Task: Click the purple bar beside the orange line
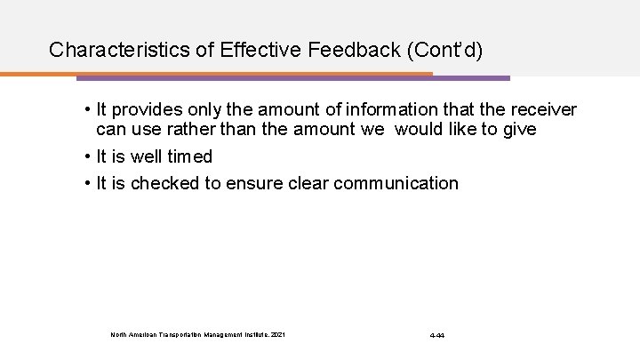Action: pos(471,78)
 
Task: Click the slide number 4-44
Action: pos(437,335)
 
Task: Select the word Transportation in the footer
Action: pos(177,335)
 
